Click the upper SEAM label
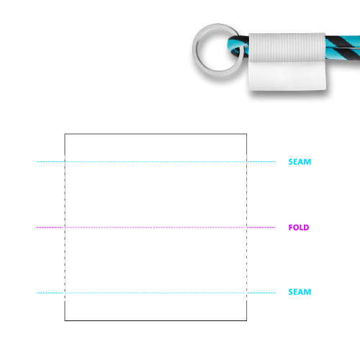pyautogui.click(x=300, y=162)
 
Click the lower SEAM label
pyautogui.click(x=300, y=292)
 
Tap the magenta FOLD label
pyautogui.click(x=299, y=228)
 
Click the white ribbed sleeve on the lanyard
pyautogui.click(x=287, y=48)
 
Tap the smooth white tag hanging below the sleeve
pyautogui.click(x=287, y=76)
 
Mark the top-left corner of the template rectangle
pyautogui.click(x=65, y=134)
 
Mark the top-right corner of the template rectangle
pyautogui.click(x=246, y=134)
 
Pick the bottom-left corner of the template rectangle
pyautogui.click(x=65, y=320)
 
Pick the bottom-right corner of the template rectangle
pyautogui.click(x=246, y=320)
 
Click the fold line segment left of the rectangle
pyautogui.click(x=50, y=228)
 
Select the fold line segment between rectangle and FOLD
pyautogui.click(x=261, y=228)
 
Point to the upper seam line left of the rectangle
pyautogui.click(x=50, y=162)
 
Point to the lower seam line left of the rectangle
pyautogui.click(x=50, y=293)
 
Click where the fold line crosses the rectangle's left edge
pyautogui.click(x=65, y=228)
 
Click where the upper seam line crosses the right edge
pyautogui.click(x=246, y=162)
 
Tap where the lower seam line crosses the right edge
pyautogui.click(x=246, y=293)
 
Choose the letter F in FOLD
pyautogui.click(x=291, y=228)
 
